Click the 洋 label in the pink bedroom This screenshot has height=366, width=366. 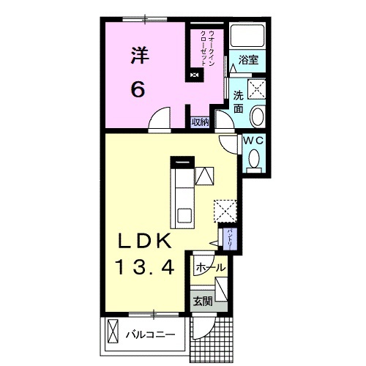tap(141, 56)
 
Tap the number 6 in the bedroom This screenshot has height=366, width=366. tap(138, 89)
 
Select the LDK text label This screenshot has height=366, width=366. tap(144, 241)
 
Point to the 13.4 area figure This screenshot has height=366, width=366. tap(146, 267)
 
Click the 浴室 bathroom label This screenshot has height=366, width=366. tap(248, 60)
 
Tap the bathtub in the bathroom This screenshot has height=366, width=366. tap(247, 35)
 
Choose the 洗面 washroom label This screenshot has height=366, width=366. tap(239, 102)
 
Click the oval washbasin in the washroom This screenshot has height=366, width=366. tap(258, 116)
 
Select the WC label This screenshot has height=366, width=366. tap(254, 141)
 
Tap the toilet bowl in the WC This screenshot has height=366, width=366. tap(254, 159)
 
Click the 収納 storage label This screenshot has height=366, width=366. tap(200, 122)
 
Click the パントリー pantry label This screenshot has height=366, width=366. tap(230, 238)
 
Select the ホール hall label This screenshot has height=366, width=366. tap(210, 268)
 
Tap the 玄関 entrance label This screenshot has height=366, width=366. tap(203, 302)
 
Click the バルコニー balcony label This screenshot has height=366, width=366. tap(151, 335)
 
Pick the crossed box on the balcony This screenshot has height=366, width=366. tap(113, 331)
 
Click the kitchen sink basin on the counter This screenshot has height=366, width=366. tap(184, 215)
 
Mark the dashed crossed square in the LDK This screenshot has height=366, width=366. tap(225, 211)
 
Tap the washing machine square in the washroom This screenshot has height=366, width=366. tap(256, 89)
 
